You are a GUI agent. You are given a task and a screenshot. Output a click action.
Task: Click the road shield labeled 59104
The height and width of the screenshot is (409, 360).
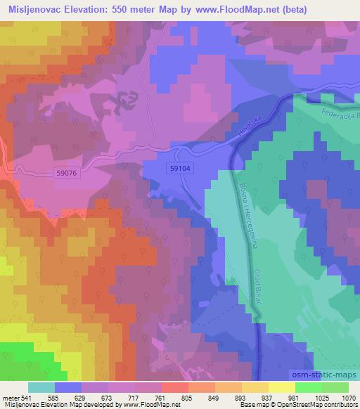(180, 169)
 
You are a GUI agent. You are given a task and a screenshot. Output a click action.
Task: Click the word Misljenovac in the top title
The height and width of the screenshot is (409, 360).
(34, 9)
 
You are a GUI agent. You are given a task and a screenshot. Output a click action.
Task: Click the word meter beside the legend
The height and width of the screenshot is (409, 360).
(10, 397)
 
